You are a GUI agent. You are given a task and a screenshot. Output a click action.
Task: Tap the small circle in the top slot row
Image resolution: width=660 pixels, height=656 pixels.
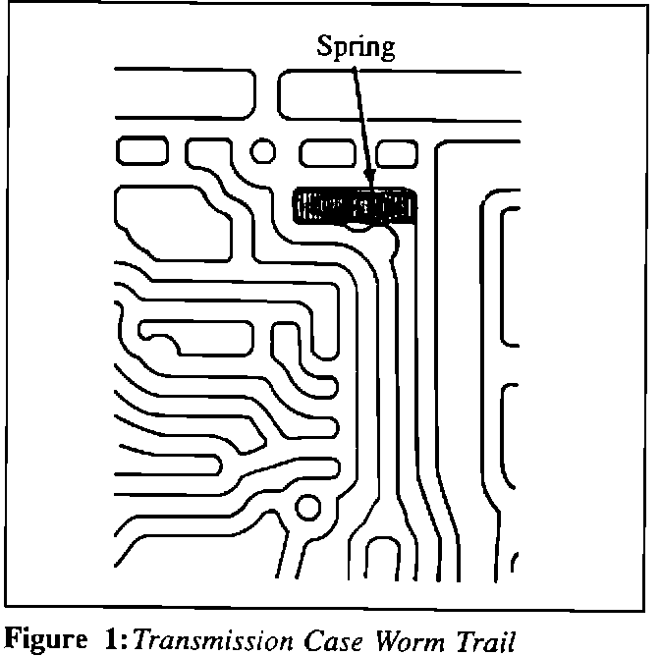point(263,151)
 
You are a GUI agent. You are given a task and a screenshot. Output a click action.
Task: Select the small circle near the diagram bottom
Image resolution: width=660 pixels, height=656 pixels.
point(308,509)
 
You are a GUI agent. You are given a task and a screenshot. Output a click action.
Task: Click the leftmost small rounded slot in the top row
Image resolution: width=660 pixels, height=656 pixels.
point(144,151)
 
